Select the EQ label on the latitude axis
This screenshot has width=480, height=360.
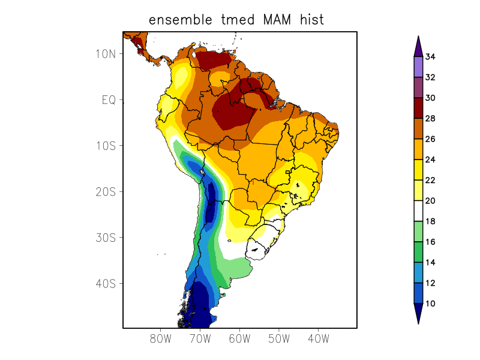tap(108, 100)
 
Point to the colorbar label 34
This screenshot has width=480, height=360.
tap(430, 57)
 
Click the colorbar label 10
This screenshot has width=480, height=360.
tap(430, 304)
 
